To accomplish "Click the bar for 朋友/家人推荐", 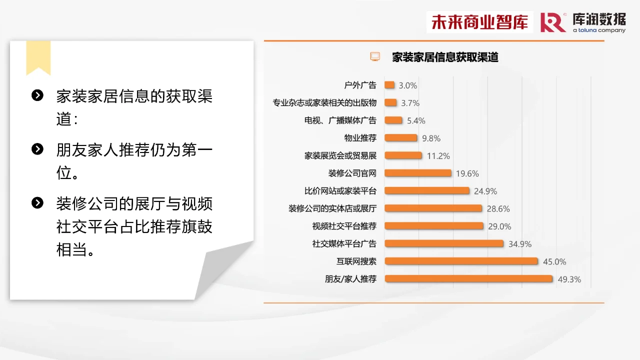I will pyautogui.click(x=468, y=279).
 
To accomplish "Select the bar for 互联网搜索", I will pyautogui.click(x=461, y=261).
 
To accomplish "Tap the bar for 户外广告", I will pyautogui.click(x=389, y=85).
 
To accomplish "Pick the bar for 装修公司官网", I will pyautogui.click(x=418, y=173).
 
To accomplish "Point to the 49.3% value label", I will pyautogui.click(x=569, y=279).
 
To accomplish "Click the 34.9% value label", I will pyautogui.click(x=520, y=244).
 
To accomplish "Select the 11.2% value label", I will pyautogui.click(x=438, y=156).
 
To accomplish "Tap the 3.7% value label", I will pyautogui.click(x=410, y=103).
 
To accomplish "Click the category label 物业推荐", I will pyautogui.click(x=360, y=138).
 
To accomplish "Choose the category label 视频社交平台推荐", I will pyautogui.click(x=344, y=226).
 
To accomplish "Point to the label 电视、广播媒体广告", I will pyautogui.click(x=340, y=120).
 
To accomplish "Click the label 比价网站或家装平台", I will pyautogui.click(x=340, y=191).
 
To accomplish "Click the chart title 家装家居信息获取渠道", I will pyautogui.click(x=445, y=57).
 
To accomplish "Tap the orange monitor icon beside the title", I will pyautogui.click(x=375, y=56).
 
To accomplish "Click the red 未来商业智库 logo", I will pyautogui.click(x=480, y=22).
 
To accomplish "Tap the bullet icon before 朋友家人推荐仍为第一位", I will pyautogui.click(x=37, y=149).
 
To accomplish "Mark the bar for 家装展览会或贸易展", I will pyautogui.click(x=403, y=155).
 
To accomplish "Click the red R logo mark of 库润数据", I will pyautogui.click(x=553, y=22).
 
